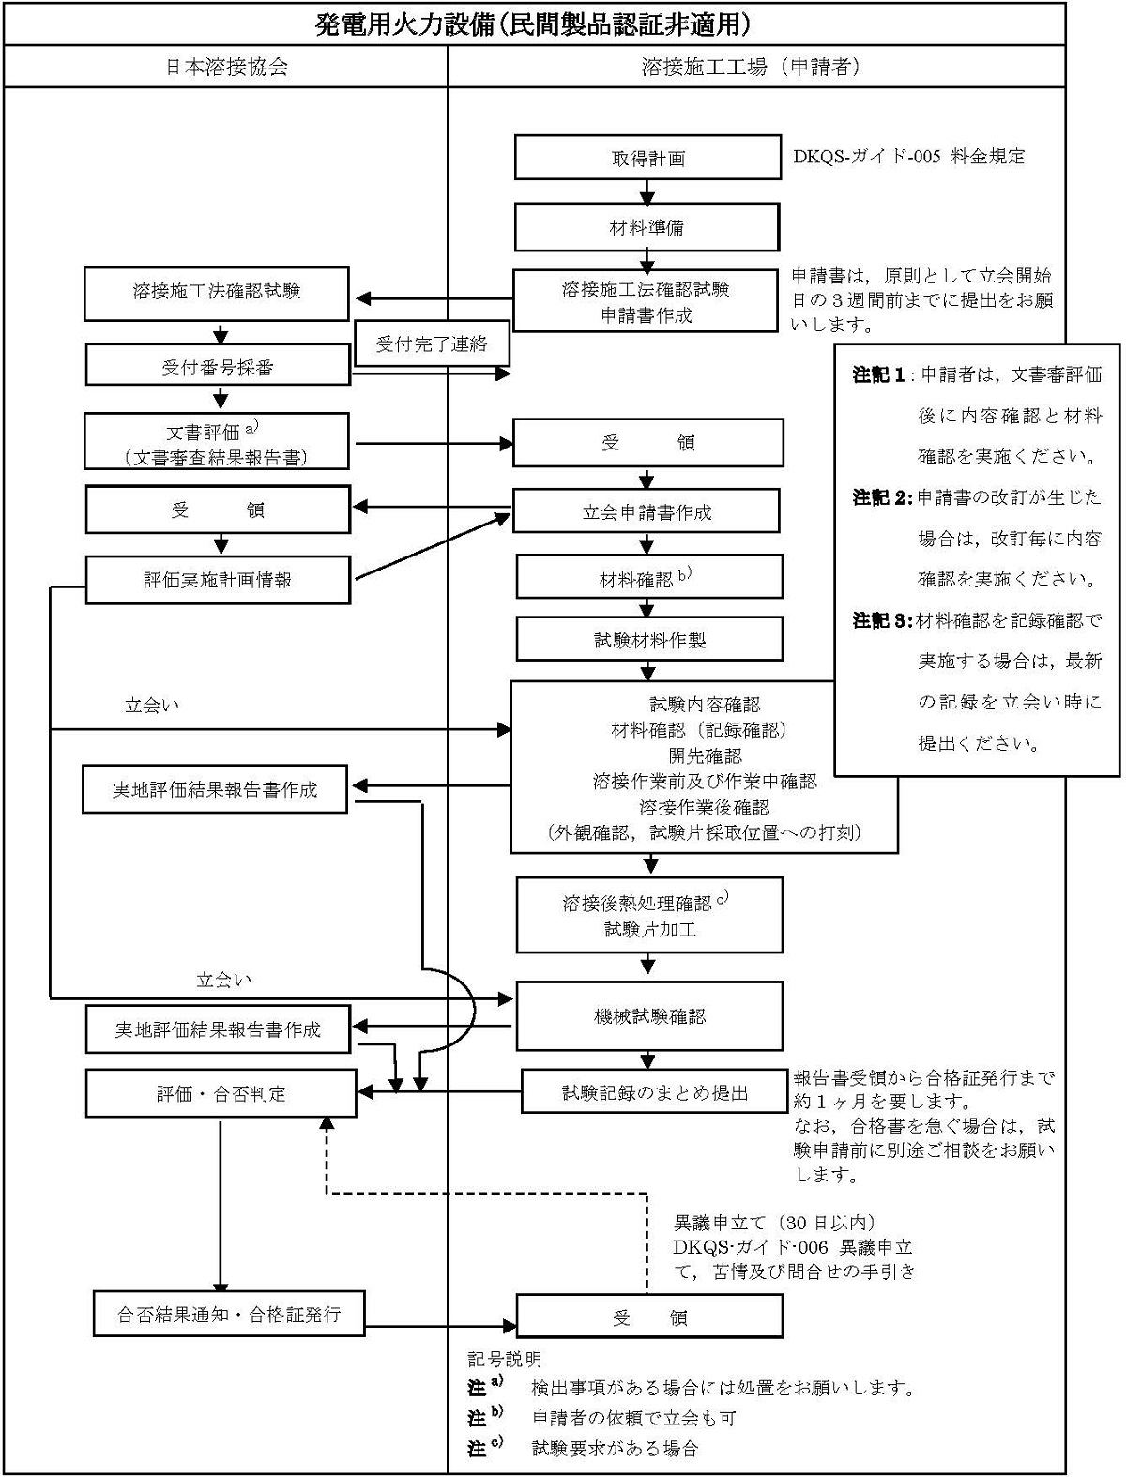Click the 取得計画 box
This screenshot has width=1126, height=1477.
[647, 158]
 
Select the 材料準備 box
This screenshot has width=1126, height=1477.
[647, 227]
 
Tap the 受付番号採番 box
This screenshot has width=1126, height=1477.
[218, 367]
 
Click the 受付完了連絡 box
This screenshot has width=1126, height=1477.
[432, 343]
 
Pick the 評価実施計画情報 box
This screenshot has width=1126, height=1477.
[218, 580]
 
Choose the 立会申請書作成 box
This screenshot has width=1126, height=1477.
[647, 512]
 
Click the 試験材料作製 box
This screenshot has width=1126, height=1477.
[649, 641]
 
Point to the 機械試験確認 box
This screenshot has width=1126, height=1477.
[649, 1016]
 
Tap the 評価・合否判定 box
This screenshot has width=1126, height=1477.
[221, 1093]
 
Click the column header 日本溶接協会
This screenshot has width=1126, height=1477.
[226, 68]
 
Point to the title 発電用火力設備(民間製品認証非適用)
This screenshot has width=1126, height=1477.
[534, 23]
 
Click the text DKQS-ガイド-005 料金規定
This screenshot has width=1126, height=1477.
[909, 157]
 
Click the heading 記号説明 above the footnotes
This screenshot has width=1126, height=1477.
[505, 1359]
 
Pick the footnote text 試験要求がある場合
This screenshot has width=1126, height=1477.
[616, 1448]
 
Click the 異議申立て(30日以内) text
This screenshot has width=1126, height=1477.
[775, 1223]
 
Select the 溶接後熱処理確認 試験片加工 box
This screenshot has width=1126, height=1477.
[649, 916]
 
